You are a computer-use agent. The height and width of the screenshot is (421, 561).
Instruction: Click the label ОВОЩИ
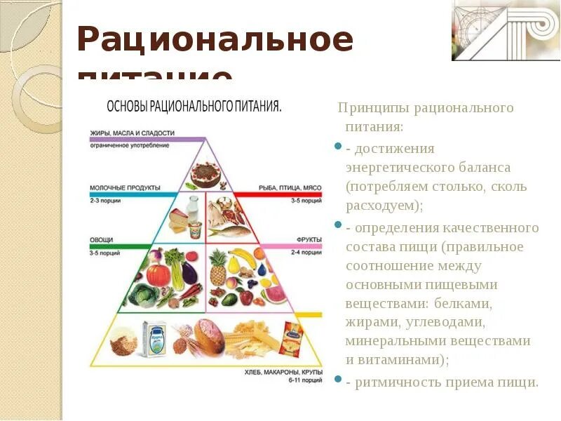101,240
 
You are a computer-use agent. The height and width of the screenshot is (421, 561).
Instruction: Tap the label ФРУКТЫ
309,240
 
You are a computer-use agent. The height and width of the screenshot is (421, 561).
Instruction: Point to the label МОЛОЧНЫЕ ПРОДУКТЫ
126,188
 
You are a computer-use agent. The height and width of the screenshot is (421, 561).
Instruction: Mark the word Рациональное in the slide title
215,40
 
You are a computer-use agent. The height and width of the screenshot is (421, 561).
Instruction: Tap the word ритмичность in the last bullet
398,382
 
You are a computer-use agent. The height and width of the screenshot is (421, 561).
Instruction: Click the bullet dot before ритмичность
339,380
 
